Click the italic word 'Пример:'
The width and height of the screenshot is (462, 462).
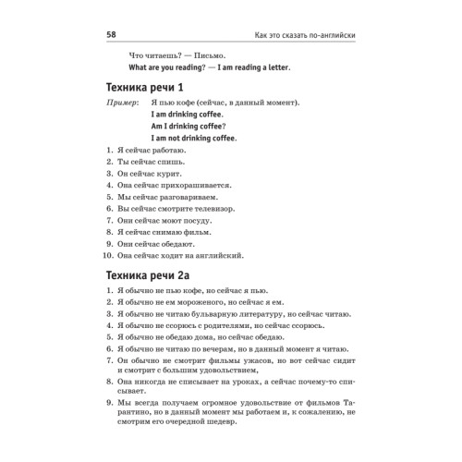click(127, 103)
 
